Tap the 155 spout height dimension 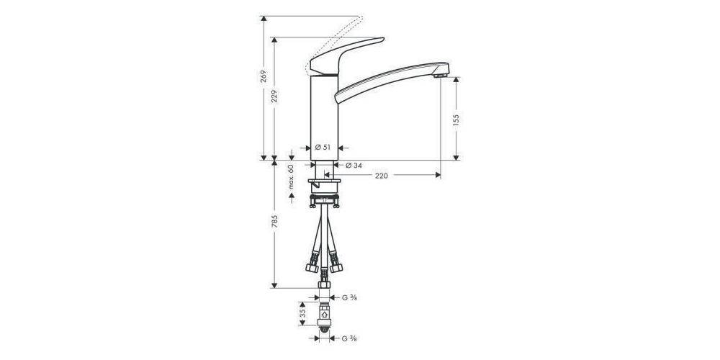pos(456,119)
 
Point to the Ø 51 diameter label pos(323,147)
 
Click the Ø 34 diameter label pos(354,166)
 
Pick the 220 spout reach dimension pos(382,176)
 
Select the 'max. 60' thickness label pos(292,177)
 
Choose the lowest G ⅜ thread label pos(351,338)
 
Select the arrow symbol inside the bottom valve pos(325,315)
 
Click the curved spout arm pos(389,76)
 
